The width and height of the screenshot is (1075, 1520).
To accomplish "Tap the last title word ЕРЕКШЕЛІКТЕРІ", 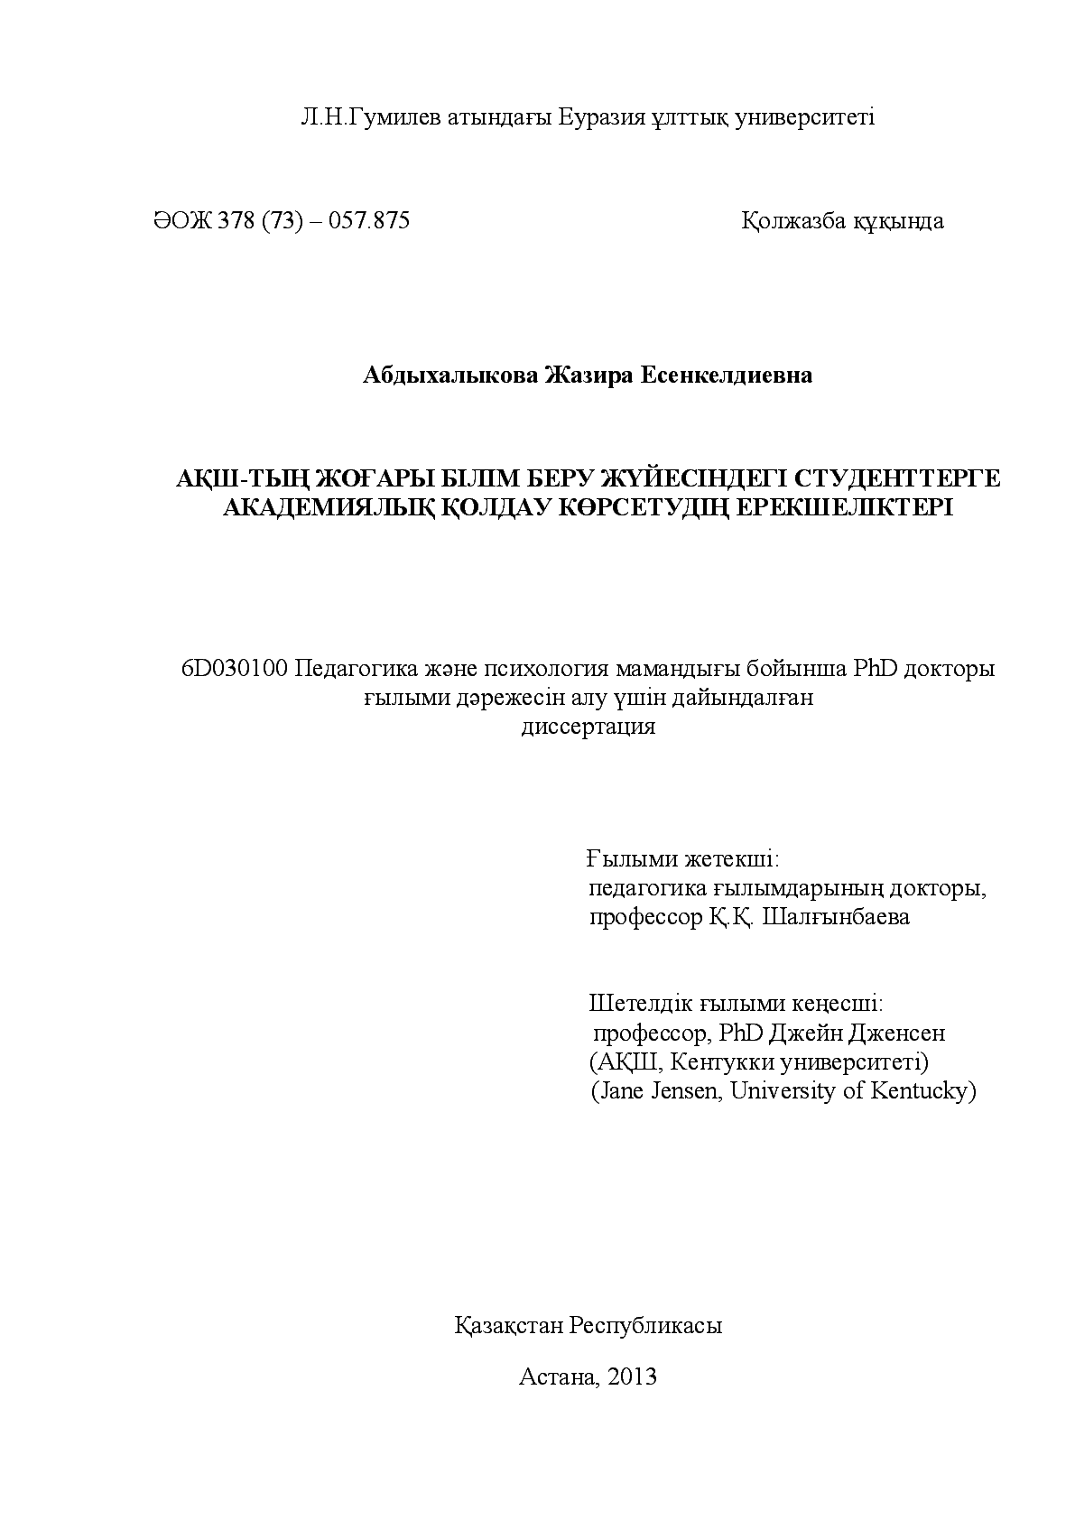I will pyautogui.click(x=845, y=507).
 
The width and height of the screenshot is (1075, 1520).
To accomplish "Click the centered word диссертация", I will pyautogui.click(x=588, y=727).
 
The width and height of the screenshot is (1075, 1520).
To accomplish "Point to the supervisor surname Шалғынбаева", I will pyautogui.click(x=836, y=918).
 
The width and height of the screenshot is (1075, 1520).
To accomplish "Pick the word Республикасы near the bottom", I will pyautogui.click(x=646, y=1326).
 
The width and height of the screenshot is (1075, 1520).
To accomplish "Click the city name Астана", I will pyautogui.click(x=558, y=1376).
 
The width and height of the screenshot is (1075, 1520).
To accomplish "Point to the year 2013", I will pyautogui.click(x=633, y=1376).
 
